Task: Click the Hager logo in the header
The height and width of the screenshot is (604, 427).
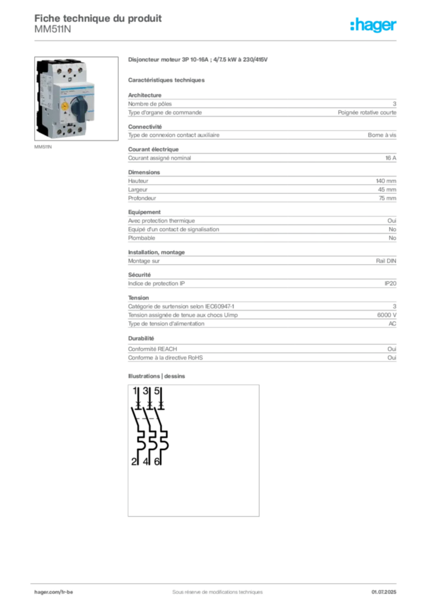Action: (x=373, y=25)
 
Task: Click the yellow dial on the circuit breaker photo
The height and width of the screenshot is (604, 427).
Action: (x=65, y=104)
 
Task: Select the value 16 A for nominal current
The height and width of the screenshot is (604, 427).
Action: (x=390, y=158)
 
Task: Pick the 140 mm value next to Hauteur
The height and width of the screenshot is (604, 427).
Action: (x=386, y=180)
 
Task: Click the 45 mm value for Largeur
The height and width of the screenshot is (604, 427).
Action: (x=387, y=189)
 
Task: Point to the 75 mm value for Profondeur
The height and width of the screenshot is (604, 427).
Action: (x=387, y=198)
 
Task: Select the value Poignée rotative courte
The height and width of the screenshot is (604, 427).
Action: (x=367, y=113)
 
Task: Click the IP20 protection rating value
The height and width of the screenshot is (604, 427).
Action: (x=390, y=284)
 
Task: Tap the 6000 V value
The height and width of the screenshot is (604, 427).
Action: (x=386, y=315)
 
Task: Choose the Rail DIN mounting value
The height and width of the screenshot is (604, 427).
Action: (x=386, y=261)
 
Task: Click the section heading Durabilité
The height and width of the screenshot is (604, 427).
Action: (x=141, y=338)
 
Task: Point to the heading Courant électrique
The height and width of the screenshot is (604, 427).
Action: (x=153, y=149)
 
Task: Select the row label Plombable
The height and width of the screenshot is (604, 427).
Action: (x=142, y=238)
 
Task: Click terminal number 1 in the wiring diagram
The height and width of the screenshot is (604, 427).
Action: (x=134, y=391)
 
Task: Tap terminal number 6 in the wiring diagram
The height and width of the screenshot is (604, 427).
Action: (x=157, y=461)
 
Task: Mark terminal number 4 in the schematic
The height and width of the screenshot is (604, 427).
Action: (x=146, y=461)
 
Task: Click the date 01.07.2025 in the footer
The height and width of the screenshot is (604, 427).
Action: (x=383, y=592)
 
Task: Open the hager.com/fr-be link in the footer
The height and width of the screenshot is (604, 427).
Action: (x=54, y=592)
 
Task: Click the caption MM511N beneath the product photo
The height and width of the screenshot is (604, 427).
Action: (x=42, y=147)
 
